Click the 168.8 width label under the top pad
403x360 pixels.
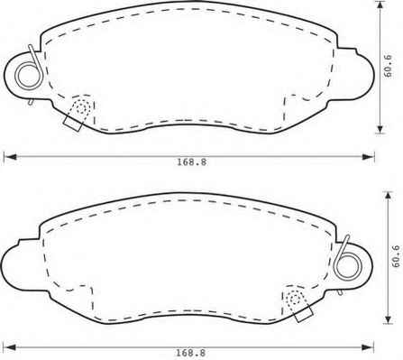pos(191,162)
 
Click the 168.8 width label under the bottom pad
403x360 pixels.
pos(190,353)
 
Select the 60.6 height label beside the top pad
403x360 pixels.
pos(388,66)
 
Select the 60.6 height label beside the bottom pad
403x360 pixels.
pos(396,256)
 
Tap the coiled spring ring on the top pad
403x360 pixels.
pos(29,75)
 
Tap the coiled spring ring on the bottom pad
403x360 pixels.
pos(347,267)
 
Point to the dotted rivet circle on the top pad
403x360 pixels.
pos(82,107)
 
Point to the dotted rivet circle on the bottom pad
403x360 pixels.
pos(295,299)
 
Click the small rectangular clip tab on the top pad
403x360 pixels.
pos(72,124)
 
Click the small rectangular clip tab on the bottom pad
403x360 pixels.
pos(304,315)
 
